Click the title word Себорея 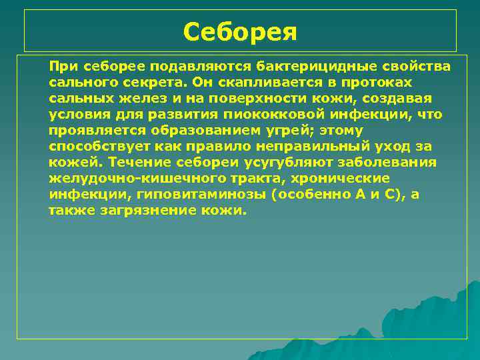[240, 31]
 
